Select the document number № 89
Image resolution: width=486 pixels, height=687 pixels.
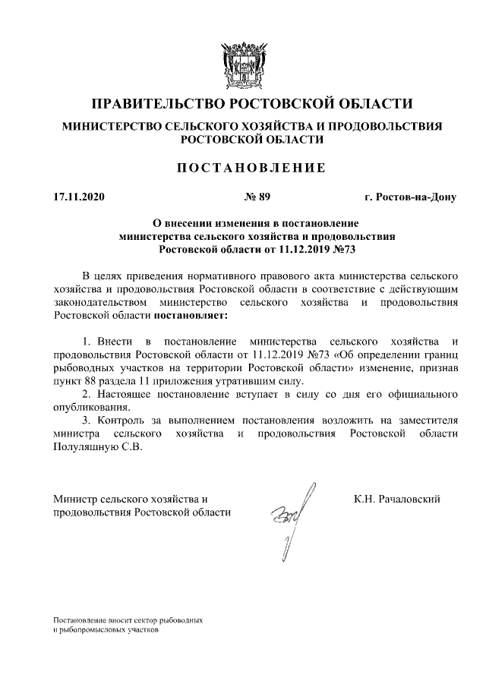point(257,198)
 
